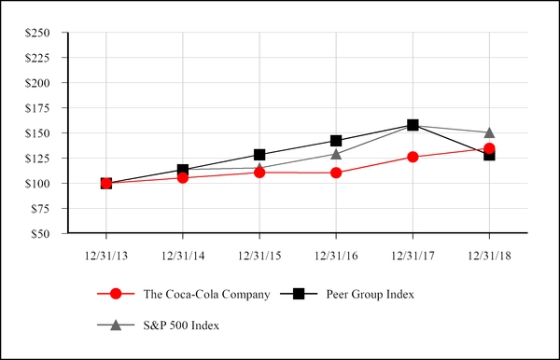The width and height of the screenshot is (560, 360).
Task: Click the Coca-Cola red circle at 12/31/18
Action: pyautogui.click(x=489, y=148)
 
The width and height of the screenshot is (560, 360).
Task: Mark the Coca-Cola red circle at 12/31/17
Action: pyautogui.click(x=413, y=157)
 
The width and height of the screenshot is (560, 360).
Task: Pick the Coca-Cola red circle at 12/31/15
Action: pyautogui.click(x=259, y=173)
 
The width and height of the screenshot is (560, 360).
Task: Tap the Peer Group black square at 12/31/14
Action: pyautogui.click(x=183, y=171)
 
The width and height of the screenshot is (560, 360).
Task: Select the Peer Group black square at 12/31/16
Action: pyautogui.click(x=336, y=141)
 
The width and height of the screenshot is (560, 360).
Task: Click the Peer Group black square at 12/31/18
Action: pyautogui.click(x=489, y=155)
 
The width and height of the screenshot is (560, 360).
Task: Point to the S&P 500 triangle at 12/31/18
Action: pyautogui.click(x=489, y=132)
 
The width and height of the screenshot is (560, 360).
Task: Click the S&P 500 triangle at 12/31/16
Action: pyautogui.click(x=336, y=153)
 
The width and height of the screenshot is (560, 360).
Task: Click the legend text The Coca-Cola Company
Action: pyautogui.click(x=206, y=295)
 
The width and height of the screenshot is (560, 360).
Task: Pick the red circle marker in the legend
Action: pyautogui.click(x=116, y=295)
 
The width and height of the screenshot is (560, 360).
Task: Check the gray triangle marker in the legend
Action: pyautogui.click(x=116, y=325)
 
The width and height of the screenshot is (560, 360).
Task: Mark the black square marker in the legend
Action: pyautogui.click(x=299, y=295)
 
